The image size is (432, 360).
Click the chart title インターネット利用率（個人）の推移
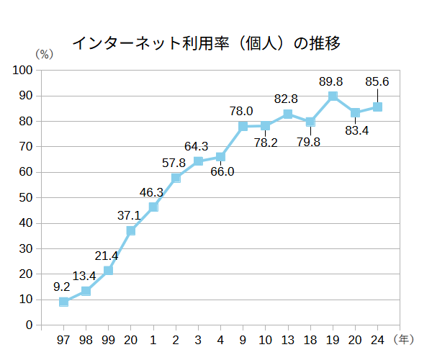206,44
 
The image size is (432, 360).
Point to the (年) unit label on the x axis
404,338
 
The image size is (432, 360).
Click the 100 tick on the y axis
24,70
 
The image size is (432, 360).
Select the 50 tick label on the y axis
27,197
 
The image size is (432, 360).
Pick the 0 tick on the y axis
30,325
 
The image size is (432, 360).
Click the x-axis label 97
63,338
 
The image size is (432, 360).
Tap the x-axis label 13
288,338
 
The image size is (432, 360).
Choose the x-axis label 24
377,338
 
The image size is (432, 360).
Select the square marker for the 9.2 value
63,302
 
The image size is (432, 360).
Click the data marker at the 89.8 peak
333,96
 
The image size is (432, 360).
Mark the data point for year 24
377,107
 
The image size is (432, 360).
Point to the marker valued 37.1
131,230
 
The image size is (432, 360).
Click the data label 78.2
266,143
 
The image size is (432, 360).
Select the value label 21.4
106,256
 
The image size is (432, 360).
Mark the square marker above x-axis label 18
310,122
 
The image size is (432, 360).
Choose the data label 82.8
287,98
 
